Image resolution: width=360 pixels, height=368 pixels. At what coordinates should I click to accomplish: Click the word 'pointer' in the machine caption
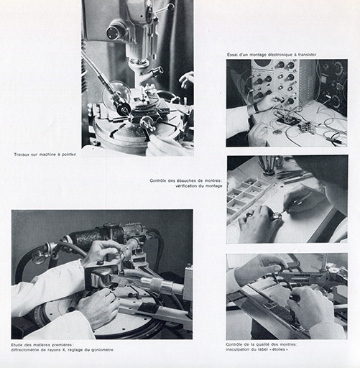(69, 155)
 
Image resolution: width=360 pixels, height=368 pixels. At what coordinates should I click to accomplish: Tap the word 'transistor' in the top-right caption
(307, 55)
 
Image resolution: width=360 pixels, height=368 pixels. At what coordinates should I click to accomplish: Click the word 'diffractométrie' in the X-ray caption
(24, 350)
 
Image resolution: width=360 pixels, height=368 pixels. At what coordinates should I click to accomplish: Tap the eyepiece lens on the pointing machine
(112, 32)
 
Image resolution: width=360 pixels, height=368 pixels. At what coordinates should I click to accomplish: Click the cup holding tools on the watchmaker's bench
(269, 170)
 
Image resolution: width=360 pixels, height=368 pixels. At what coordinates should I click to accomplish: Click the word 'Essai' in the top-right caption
(232, 55)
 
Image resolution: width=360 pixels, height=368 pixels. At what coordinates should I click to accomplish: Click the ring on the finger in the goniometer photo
(113, 294)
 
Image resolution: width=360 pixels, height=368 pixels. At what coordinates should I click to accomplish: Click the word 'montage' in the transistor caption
(257, 55)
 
